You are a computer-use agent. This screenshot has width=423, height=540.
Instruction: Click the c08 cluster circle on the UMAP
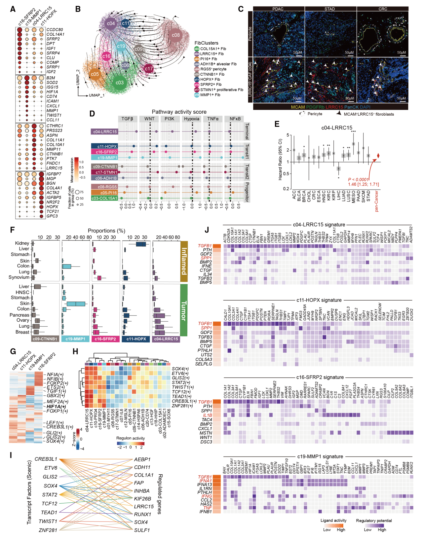(x=175, y=35)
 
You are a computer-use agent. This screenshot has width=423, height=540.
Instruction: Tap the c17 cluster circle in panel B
(x=149, y=69)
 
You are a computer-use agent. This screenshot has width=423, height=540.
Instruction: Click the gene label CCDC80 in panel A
(x=55, y=30)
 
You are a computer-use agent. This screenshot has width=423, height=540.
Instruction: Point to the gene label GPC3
(x=52, y=216)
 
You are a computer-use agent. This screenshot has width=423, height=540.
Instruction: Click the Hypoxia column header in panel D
(x=192, y=119)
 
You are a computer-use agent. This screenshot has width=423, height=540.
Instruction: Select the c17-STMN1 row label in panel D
(x=104, y=172)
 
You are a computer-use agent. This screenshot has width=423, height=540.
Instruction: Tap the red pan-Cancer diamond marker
(x=378, y=156)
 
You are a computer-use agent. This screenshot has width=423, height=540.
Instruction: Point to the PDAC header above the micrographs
(x=278, y=9)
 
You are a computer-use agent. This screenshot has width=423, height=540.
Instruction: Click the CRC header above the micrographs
(x=383, y=9)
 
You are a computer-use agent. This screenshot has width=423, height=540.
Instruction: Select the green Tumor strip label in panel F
(x=184, y=310)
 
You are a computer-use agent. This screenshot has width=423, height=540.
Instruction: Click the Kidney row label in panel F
(x=22, y=243)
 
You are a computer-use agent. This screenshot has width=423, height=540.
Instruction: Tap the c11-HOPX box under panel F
(x=136, y=339)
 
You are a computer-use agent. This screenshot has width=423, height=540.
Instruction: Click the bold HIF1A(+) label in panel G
(x=56, y=406)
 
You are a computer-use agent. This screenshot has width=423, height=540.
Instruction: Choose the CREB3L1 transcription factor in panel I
(x=46, y=459)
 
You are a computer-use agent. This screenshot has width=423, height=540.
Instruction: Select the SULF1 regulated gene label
(x=142, y=530)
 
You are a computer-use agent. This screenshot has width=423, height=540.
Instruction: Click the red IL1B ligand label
(x=207, y=415)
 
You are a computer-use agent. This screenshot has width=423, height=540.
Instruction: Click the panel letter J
(x=207, y=230)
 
